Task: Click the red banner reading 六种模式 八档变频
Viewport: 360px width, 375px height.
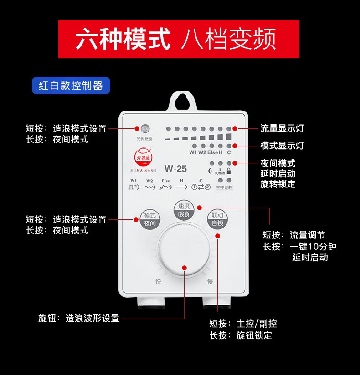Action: [x=179, y=39]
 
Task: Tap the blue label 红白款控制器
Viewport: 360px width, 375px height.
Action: [x=71, y=86]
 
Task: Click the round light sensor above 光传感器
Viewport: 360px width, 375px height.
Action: [x=144, y=129]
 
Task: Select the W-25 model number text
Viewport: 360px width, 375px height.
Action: [x=175, y=169]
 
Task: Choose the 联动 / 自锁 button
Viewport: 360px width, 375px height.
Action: [x=217, y=219]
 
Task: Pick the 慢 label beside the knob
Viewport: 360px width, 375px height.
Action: [x=210, y=281]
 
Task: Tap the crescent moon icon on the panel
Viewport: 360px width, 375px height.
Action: [x=211, y=171]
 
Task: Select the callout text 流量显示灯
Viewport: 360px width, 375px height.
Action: [x=282, y=128]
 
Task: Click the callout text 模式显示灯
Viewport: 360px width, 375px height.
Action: [x=282, y=146]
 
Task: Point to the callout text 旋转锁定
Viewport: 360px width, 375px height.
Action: [x=278, y=184]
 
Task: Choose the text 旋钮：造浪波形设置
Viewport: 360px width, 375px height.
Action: [x=79, y=318]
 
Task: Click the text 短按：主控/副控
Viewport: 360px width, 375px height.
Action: [x=243, y=324]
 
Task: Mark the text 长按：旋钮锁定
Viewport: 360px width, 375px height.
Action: [x=241, y=336]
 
